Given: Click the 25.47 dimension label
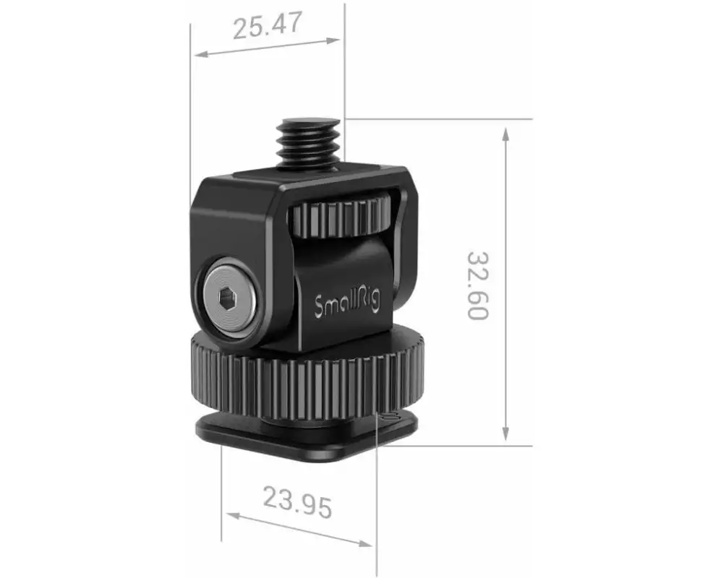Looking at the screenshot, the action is pyautogui.click(x=268, y=26).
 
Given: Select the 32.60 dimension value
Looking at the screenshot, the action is pyautogui.click(x=478, y=286).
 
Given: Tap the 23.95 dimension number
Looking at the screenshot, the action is pyautogui.click(x=297, y=501).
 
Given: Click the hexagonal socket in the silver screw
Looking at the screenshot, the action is pyautogui.click(x=226, y=301).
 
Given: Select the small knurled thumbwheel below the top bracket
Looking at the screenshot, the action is pyautogui.click(x=342, y=217).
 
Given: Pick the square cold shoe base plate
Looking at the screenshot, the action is pyautogui.click(x=307, y=435).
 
